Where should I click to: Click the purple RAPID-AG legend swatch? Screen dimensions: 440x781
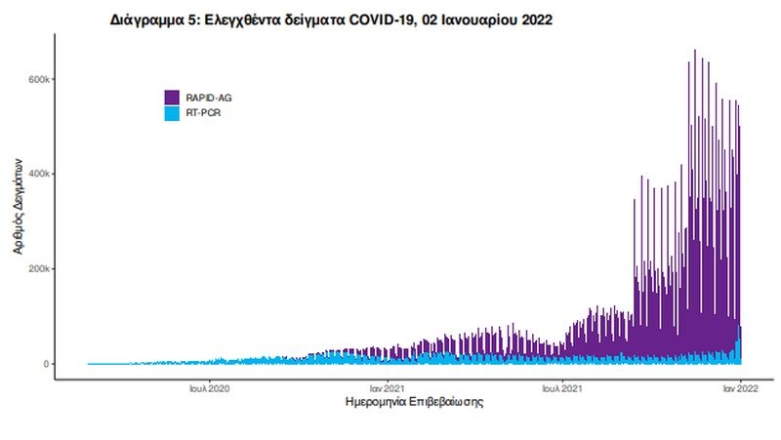(x=171, y=98)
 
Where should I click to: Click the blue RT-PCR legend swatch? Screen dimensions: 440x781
(x=171, y=113)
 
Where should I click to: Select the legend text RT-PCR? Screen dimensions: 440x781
(x=200, y=113)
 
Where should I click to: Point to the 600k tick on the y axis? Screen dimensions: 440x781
(x=38, y=79)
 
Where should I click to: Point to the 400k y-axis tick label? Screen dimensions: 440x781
(x=38, y=174)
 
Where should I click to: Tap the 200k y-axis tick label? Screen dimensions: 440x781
(x=38, y=269)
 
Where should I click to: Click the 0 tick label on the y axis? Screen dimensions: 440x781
(x=45, y=364)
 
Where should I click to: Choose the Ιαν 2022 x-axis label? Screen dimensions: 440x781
(x=739, y=387)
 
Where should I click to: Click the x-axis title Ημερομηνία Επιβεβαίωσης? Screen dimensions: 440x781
(x=415, y=402)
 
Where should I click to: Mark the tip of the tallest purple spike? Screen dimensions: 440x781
(x=694, y=50)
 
